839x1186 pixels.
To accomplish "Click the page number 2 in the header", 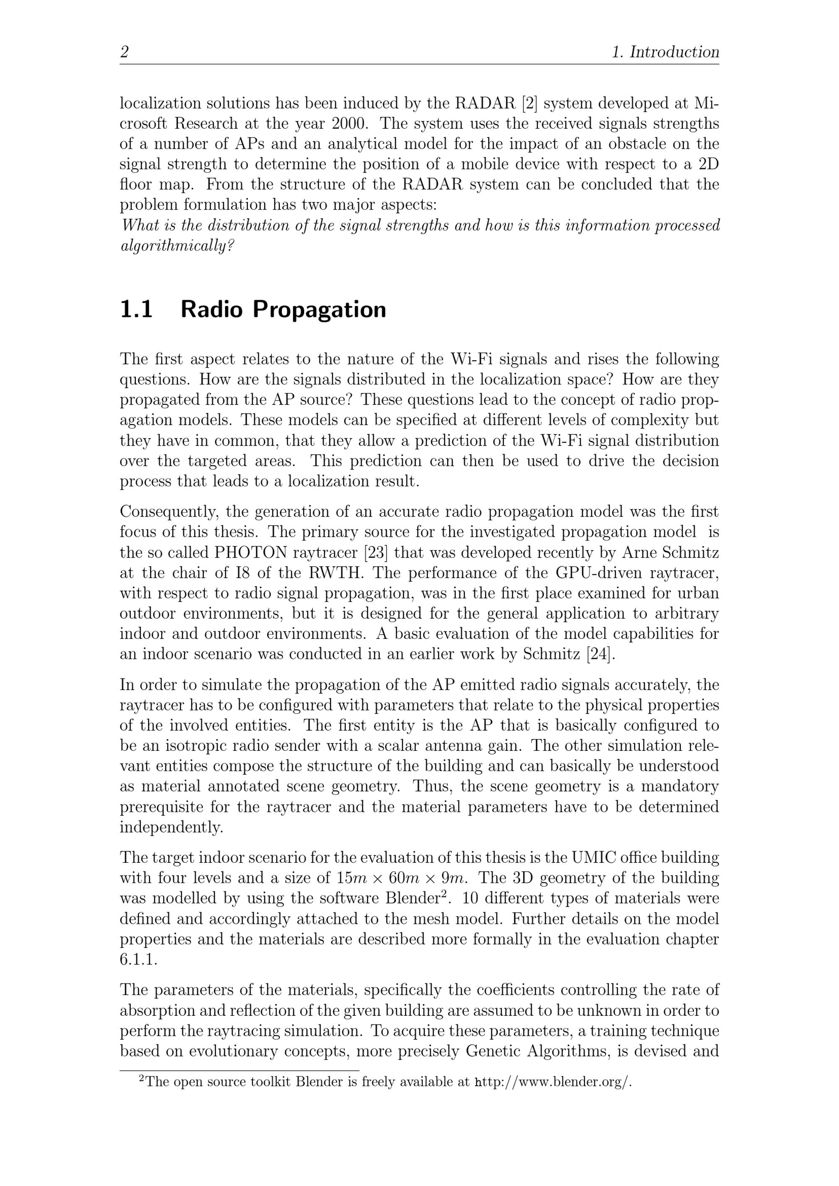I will [124, 52].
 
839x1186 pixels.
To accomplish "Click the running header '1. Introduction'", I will [665, 52].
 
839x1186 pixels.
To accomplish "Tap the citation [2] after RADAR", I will [530, 103].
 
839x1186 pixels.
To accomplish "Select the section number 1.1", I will [136, 309].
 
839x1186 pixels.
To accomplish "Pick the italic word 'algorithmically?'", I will [178, 246].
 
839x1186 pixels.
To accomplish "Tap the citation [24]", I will [601, 654].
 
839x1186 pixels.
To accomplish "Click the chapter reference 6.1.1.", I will [138, 960].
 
